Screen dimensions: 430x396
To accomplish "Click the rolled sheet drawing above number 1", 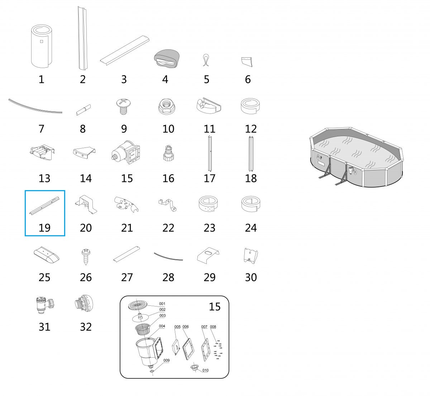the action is click(42, 46).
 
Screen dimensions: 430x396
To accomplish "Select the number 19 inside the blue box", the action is click(44, 228).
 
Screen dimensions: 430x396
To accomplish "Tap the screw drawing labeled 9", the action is click(123, 106).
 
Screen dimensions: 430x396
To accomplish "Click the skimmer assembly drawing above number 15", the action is click(126, 153).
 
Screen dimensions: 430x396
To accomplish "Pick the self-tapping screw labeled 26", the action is click(86, 257).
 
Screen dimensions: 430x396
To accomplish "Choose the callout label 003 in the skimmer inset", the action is click(162, 315).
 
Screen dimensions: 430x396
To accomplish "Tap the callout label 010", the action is click(205, 370).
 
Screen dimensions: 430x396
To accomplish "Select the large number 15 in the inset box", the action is click(215, 306).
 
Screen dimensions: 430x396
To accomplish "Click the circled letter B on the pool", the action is click(355, 172).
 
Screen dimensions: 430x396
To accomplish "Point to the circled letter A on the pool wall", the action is click(318, 156).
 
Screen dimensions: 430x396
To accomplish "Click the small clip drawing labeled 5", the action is click(206, 60).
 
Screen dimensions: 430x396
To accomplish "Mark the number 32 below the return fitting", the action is click(86, 327).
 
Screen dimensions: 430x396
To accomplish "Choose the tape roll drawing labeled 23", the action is click(208, 204).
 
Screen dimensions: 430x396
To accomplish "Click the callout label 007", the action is click(204, 327).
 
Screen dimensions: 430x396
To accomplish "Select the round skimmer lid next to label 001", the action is click(138, 305).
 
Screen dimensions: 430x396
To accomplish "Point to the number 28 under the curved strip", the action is click(168, 277).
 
